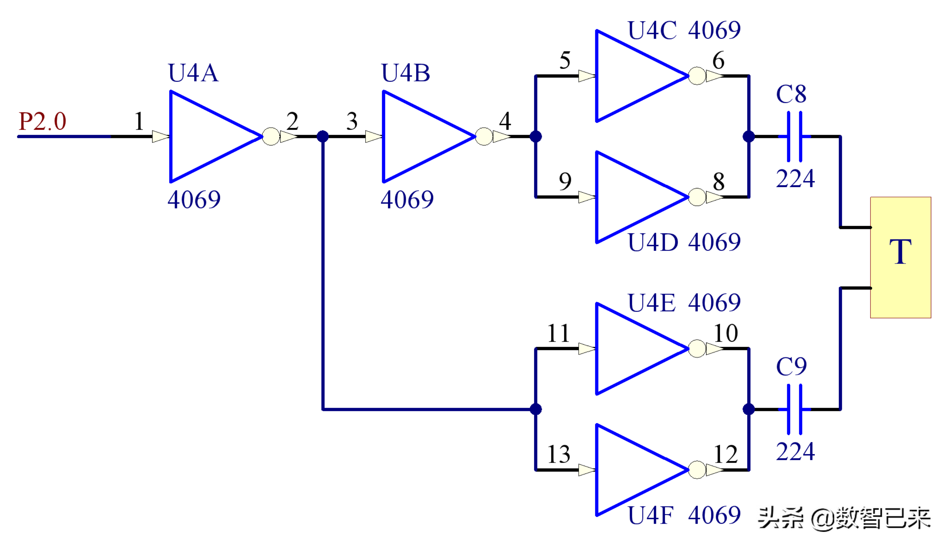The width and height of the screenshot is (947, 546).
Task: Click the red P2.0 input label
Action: pos(42,121)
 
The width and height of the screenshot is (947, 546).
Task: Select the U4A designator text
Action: pos(193,73)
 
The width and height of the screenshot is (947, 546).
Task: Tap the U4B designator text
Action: pos(405,73)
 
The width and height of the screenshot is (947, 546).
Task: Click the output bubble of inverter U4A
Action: pos(271,137)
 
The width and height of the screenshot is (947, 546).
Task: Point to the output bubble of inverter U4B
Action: pos(484,137)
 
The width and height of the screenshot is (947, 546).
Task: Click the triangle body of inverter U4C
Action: pos(631,76)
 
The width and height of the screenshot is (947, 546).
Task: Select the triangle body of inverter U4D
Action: pos(631,197)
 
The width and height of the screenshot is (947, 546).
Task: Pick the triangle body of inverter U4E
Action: pos(631,349)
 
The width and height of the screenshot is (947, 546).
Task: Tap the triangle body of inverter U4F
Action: pos(631,470)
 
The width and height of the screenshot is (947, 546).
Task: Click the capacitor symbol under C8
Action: pos(795,137)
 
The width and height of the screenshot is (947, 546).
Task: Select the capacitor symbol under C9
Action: pos(795,409)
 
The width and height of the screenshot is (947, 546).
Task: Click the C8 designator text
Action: pos(791,94)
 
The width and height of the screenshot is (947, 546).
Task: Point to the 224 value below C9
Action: pos(795,452)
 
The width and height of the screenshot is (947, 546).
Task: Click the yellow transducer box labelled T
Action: pos(901,257)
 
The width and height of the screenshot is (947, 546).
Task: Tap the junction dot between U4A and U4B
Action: pos(323,137)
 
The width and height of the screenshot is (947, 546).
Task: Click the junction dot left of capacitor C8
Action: pos(749,137)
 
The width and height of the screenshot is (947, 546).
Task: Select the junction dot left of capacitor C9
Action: pos(749,409)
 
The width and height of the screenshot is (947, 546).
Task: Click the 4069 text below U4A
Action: pos(194,199)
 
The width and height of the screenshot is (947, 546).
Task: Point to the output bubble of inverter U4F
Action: pos(697,470)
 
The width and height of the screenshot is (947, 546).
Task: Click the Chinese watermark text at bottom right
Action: pos(842,517)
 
